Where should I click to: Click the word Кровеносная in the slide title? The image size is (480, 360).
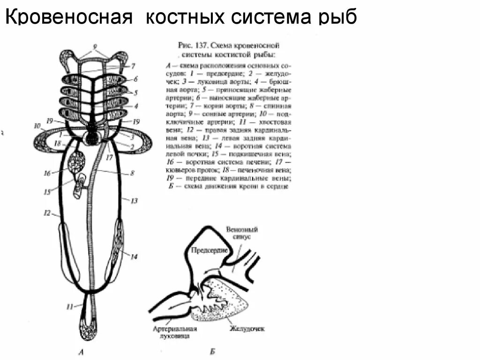67,17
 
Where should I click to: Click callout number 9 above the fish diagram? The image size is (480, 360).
95,46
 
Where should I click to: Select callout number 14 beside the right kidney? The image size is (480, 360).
134,256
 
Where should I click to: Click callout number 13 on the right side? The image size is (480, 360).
134,201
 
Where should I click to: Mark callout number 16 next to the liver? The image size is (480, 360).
47,173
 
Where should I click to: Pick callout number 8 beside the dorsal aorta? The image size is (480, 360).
133,173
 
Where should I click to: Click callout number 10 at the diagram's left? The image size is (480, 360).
37,126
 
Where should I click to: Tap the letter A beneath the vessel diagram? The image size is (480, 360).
83,351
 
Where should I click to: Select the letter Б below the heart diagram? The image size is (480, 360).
212,351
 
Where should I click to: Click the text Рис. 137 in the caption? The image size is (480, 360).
194,45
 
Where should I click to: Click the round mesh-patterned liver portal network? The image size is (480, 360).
76,162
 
